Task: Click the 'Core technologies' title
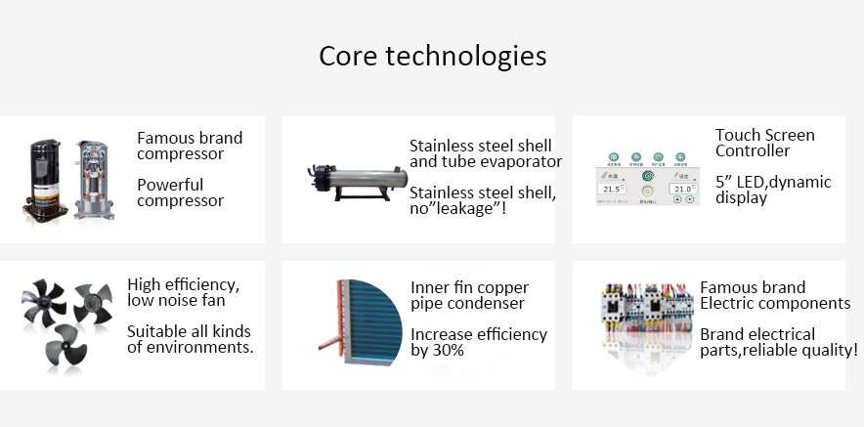(x=432, y=55)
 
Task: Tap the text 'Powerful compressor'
(x=181, y=192)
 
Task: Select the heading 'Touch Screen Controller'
(x=764, y=143)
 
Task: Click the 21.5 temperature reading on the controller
(x=613, y=190)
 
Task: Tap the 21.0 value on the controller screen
(x=682, y=190)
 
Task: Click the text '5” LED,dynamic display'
(x=772, y=190)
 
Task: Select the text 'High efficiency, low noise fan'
(x=183, y=292)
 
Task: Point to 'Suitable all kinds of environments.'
(x=190, y=339)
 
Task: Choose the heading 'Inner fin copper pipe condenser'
(x=469, y=295)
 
